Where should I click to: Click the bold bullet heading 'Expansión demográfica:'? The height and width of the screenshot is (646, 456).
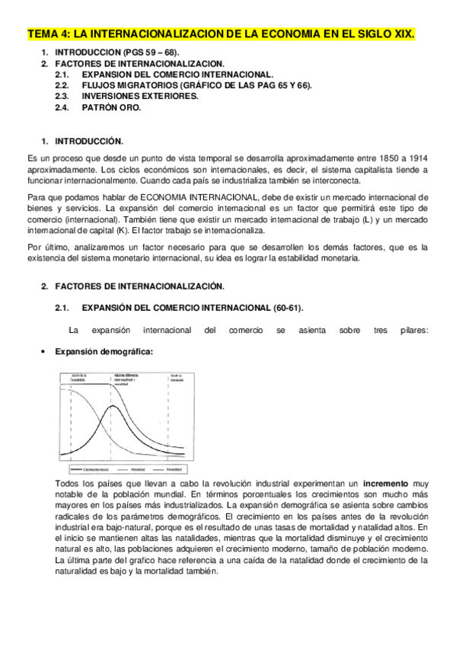[x=104, y=352]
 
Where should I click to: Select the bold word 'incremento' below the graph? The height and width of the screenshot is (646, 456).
[x=384, y=484]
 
